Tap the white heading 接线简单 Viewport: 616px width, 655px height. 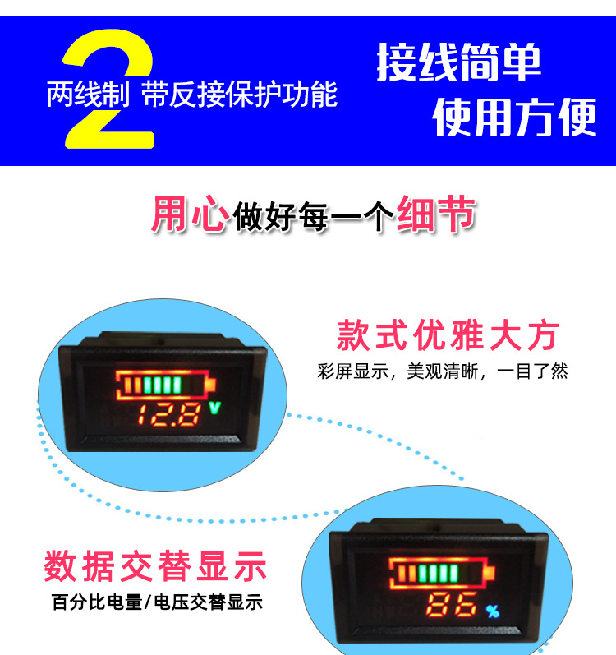[458, 62]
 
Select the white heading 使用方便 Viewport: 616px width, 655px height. [515, 118]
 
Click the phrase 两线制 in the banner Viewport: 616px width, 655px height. [88, 95]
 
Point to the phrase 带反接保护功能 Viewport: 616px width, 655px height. [239, 95]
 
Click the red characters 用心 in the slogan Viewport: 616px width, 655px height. [190, 214]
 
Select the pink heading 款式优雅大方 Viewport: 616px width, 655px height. [448, 335]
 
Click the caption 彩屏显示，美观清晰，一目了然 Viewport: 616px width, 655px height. [443, 371]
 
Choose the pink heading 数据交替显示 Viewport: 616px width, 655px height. [155, 566]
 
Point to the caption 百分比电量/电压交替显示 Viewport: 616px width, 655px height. [157, 602]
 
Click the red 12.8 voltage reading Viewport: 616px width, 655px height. [168, 415]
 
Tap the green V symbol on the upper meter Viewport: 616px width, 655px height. [214, 408]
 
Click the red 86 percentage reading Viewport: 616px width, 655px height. [451, 604]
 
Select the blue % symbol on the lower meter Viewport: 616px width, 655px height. [493, 611]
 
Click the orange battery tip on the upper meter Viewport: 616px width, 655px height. [211, 385]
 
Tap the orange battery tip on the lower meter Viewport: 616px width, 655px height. [490, 572]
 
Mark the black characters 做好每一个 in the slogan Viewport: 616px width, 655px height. [313, 216]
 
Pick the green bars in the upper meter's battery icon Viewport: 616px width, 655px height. [163, 385]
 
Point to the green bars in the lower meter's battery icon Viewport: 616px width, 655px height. [438, 573]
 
